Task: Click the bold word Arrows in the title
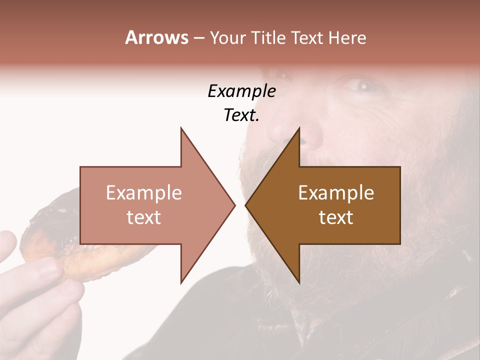tap(156, 37)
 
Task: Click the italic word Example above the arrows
tap(241, 91)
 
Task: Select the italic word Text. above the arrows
tap(241, 115)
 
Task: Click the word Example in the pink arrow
tap(144, 193)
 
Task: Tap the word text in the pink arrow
tap(144, 217)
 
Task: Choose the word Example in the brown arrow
tap(336, 193)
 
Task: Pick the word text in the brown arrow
tap(336, 217)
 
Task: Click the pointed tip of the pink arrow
tap(234, 205)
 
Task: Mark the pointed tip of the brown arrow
tap(246, 205)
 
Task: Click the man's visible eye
tap(361, 86)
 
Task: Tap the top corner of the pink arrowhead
tap(181, 128)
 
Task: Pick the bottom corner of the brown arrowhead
tap(299, 282)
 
